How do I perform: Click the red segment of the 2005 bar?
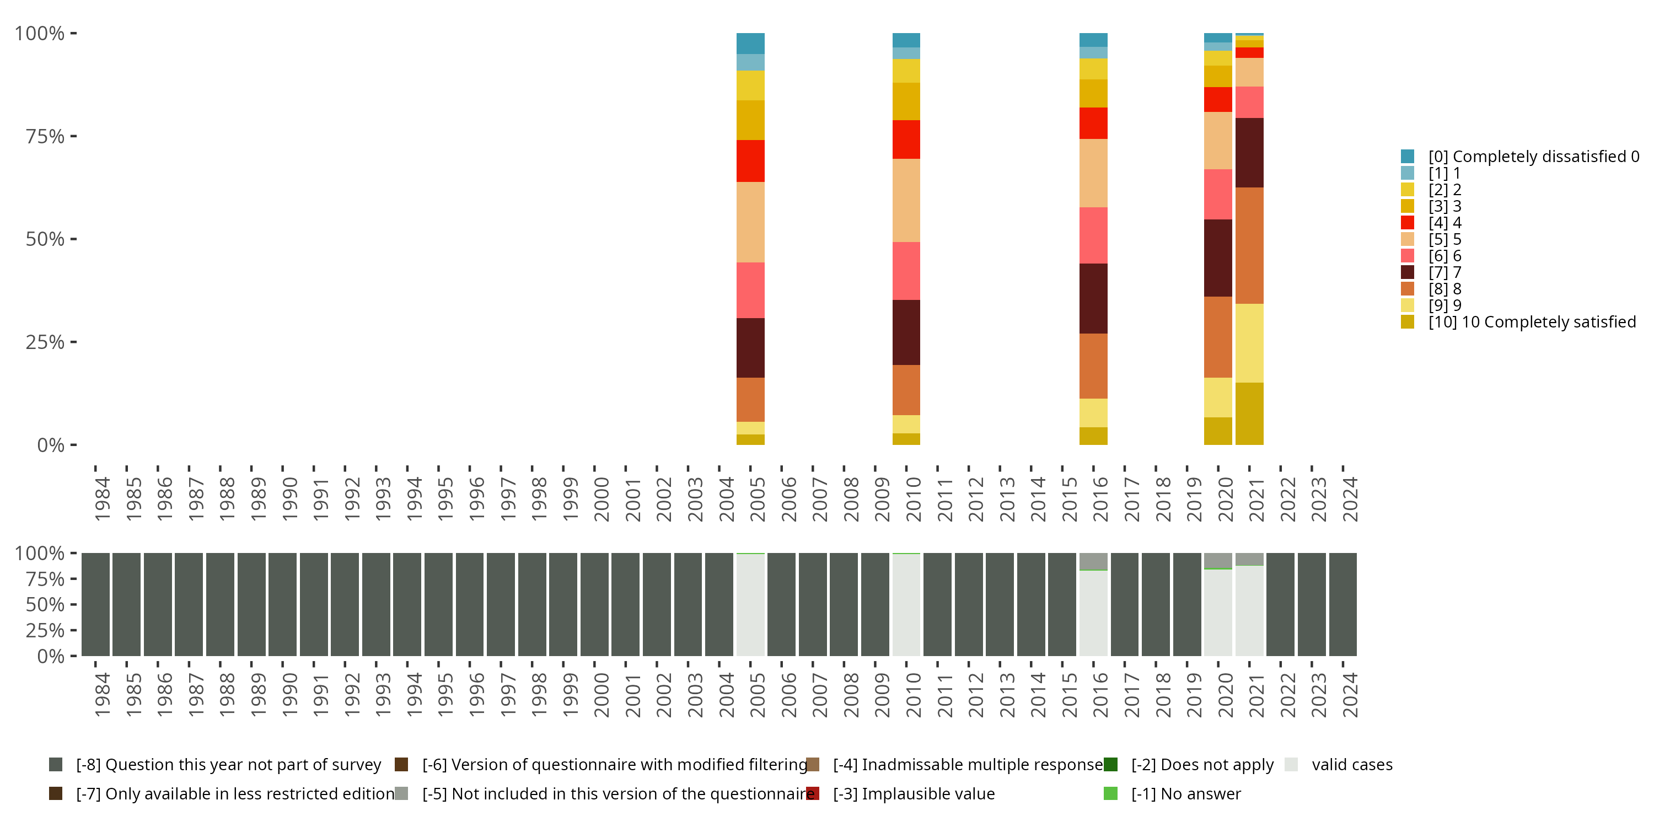pyautogui.click(x=750, y=160)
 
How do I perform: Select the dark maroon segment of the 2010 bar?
pyautogui.click(x=906, y=332)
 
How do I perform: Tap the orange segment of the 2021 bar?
pyautogui.click(x=1249, y=245)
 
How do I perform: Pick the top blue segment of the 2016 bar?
pyautogui.click(x=1093, y=40)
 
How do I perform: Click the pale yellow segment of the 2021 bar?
pyautogui.click(x=1249, y=343)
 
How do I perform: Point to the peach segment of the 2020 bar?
pyautogui.click(x=1217, y=140)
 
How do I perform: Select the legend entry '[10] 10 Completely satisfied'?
pyautogui.click(x=1532, y=321)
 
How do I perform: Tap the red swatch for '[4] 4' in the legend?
pyautogui.click(x=1408, y=223)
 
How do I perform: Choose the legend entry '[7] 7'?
pyautogui.click(x=1444, y=272)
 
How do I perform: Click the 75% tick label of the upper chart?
pyautogui.click(x=45, y=136)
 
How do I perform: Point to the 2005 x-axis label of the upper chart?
pyautogui.click(x=758, y=499)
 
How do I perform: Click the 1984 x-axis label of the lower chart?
pyautogui.click(x=102, y=695)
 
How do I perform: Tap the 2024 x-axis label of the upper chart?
pyautogui.click(x=1350, y=499)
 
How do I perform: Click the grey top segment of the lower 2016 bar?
pyautogui.click(x=1093, y=561)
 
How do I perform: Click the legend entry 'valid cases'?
pyautogui.click(x=1351, y=765)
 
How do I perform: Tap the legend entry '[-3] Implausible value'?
pyautogui.click(x=913, y=793)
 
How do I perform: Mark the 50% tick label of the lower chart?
pyautogui.click(x=45, y=605)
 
